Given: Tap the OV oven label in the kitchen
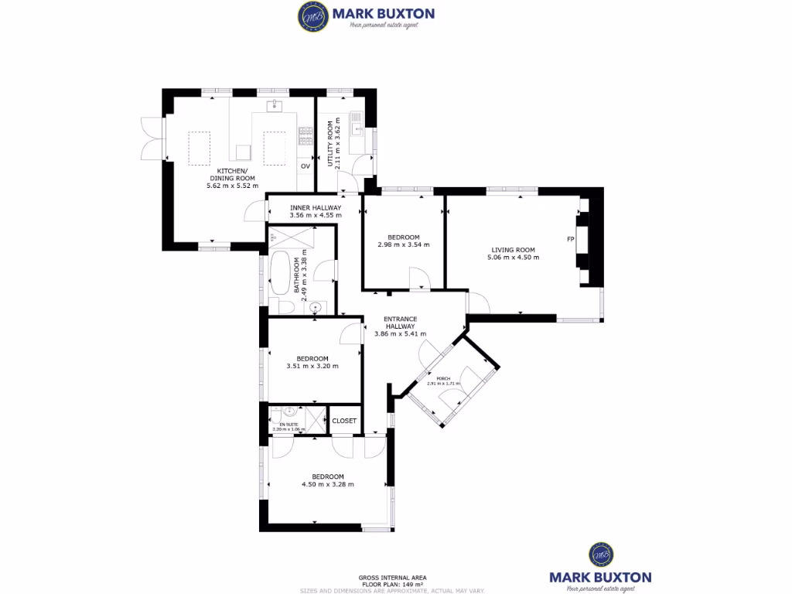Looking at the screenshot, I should pos(305,166).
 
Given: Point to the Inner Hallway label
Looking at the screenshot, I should pos(315,207).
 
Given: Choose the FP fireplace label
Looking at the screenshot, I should pos(570,239).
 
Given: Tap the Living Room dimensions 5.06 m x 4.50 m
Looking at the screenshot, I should pos(513,258).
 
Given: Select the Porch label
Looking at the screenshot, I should pos(443,378).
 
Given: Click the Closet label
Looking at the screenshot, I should pos(344,421).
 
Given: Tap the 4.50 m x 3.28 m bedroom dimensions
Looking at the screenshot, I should pos(327,485).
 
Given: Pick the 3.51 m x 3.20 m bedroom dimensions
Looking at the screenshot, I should pos(312,367).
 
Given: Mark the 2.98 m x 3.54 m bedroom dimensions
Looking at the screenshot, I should pos(403,245).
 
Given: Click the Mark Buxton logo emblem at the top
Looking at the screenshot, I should pos(312,16).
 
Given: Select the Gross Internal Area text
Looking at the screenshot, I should pos(392,577).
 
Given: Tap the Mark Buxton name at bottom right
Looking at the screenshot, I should pos(600,577).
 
